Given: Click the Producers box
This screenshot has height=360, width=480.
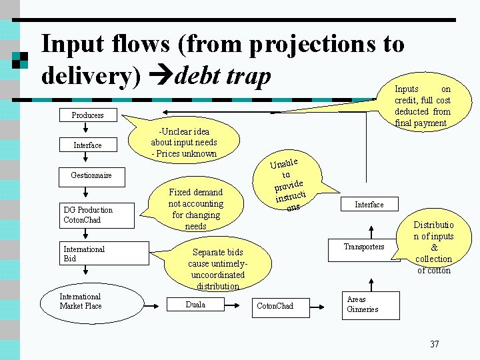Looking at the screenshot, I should [87, 115].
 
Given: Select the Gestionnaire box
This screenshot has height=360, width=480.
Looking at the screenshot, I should [91, 175].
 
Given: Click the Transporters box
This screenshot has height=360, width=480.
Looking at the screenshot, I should [363, 247].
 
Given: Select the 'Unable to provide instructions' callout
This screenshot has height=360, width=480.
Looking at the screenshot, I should [289, 184].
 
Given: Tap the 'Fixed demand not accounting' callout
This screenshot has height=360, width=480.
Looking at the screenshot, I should [195, 209].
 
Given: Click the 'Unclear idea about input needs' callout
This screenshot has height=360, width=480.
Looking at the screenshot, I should [184, 142].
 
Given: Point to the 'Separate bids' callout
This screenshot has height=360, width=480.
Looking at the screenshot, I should [217, 269].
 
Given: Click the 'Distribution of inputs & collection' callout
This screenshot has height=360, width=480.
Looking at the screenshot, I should [434, 247].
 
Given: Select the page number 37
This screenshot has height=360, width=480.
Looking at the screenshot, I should [434, 344].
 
